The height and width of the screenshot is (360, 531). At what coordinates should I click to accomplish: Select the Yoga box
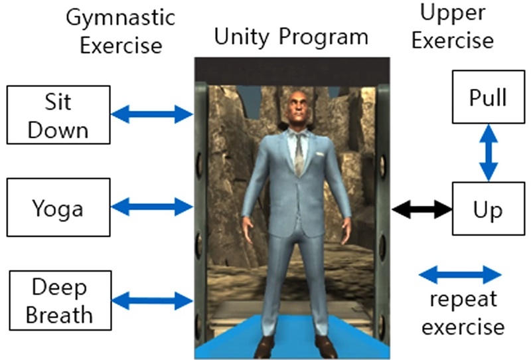(x=58, y=209)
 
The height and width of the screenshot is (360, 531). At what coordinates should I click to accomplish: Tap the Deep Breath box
(x=58, y=301)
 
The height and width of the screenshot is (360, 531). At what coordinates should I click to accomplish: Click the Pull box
(x=488, y=98)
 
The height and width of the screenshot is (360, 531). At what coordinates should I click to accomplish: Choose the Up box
(x=488, y=210)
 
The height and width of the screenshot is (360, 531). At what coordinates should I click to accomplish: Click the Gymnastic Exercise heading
(x=114, y=31)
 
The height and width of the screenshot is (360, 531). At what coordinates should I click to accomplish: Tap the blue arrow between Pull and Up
(x=489, y=153)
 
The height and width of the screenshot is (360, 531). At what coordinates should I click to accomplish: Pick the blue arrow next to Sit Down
(x=151, y=115)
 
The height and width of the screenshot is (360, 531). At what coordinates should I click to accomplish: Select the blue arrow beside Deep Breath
(x=151, y=301)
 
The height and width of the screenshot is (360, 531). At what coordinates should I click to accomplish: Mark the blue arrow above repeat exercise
(x=463, y=274)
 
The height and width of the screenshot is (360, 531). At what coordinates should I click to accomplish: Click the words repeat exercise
(x=463, y=313)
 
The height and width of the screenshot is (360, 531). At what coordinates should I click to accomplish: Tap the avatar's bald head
(x=297, y=107)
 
